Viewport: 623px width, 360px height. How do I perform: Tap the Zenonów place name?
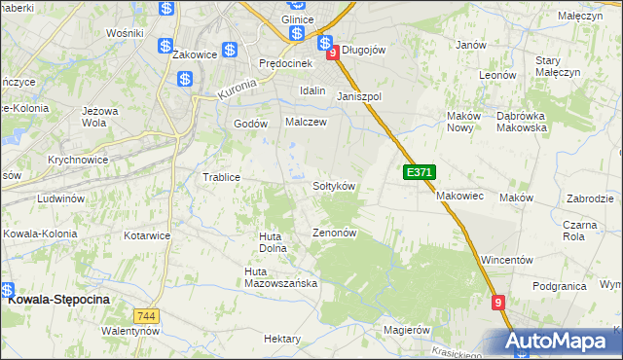click(x=336, y=234)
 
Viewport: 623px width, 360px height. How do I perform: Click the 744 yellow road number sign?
click(x=147, y=316)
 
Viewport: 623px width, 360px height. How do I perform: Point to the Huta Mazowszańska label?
click(x=280, y=277)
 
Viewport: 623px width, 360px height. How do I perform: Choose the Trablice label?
click(x=221, y=177)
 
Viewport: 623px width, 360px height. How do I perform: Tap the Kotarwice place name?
click(x=147, y=235)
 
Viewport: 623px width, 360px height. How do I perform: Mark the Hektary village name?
click(x=282, y=339)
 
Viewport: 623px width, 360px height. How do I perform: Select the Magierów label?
click(x=407, y=330)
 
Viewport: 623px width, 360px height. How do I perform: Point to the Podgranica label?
click(x=559, y=286)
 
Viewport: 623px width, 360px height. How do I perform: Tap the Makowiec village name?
click(x=459, y=196)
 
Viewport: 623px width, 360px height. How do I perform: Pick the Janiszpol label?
click(x=359, y=97)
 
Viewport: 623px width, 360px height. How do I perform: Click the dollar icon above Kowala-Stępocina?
click(x=7, y=289)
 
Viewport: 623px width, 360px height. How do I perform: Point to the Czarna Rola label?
click(x=580, y=230)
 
